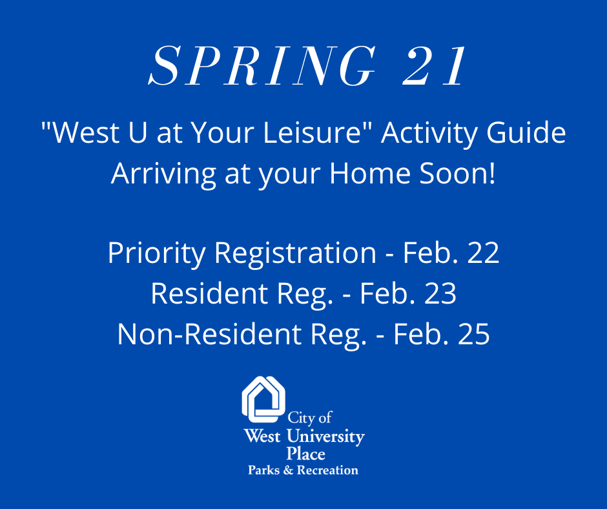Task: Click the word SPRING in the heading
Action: click(x=262, y=66)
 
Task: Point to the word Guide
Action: click(x=526, y=132)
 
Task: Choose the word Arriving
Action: click(x=163, y=174)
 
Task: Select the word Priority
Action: click(x=156, y=254)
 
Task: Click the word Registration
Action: click(x=295, y=254)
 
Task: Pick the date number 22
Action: click(x=483, y=253)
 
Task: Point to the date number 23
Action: click(x=440, y=293)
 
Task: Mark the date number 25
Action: click(x=474, y=334)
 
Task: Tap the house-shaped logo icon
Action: click(x=263, y=399)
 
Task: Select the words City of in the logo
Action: click(x=310, y=418)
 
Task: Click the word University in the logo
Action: click(x=325, y=437)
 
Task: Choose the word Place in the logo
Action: click(x=305, y=453)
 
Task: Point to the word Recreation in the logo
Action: click(x=327, y=470)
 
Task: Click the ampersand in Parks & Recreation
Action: click(x=289, y=470)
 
